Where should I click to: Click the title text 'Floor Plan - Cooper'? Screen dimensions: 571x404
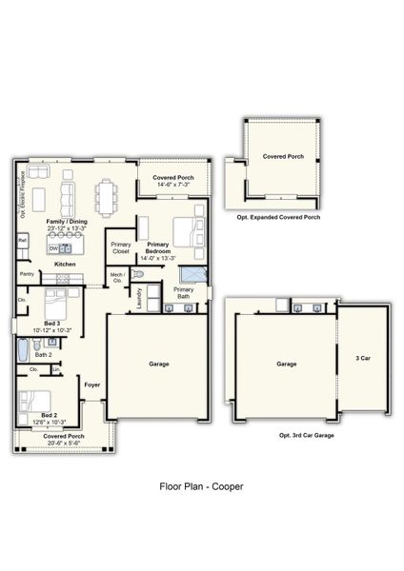[x=201, y=485]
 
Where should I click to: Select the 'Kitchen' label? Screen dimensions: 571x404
[x=65, y=264]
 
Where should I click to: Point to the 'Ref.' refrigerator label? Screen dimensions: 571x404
[x=21, y=241]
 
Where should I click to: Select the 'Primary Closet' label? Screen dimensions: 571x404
[x=120, y=247]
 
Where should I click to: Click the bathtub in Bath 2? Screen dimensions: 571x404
[x=23, y=352]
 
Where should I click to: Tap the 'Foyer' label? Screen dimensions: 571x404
[x=91, y=384]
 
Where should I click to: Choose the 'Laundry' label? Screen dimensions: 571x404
[x=139, y=298]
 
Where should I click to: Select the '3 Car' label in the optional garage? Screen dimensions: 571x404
[x=363, y=358]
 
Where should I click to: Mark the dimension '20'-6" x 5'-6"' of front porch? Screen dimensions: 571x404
[x=63, y=443]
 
